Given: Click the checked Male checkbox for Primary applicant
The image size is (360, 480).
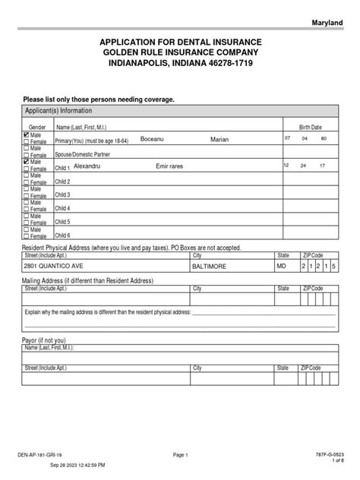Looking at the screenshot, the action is click(27, 134).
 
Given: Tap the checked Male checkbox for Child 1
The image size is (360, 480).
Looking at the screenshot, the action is click(27, 162).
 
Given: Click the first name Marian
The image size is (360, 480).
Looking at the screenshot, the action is click(219, 140).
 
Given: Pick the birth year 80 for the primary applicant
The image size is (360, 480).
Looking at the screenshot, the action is click(324, 138).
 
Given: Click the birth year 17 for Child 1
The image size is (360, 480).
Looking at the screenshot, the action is click(322, 165).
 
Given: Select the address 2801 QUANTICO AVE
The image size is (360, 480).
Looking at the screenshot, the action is click(53, 267).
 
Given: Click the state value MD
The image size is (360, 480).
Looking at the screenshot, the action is click(282, 267).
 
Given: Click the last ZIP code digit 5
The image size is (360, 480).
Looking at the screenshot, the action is click(333, 267).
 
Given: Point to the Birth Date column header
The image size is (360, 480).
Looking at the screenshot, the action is click(310, 126).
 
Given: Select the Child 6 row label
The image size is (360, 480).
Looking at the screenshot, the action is click(62, 235).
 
